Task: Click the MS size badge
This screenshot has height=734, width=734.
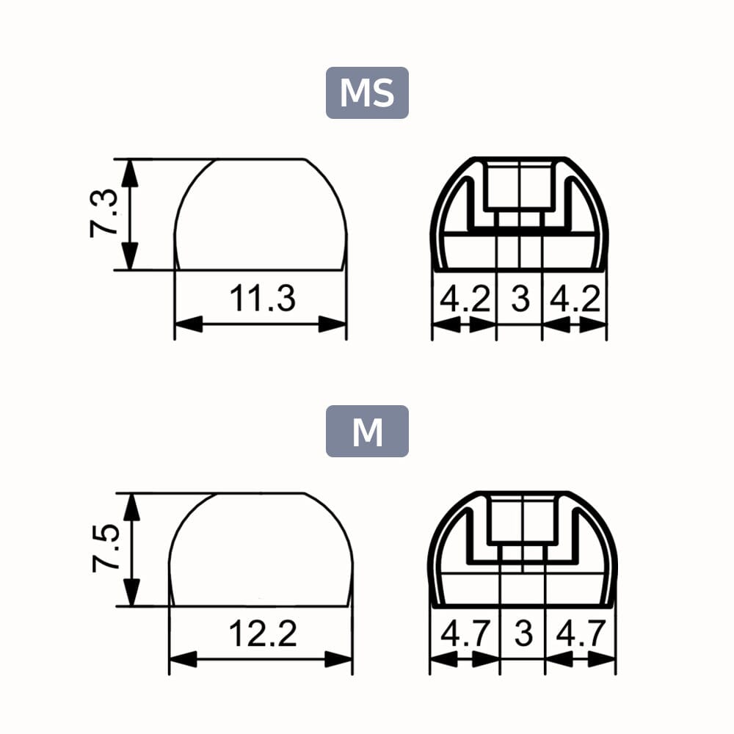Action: coord(367,93)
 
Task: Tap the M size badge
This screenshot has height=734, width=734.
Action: coord(367,432)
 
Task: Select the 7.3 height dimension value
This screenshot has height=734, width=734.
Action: coord(103,213)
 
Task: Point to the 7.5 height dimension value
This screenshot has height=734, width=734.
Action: coord(105,548)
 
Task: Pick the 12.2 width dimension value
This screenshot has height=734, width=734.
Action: coord(262,633)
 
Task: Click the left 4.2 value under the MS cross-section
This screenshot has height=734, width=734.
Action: coord(464,299)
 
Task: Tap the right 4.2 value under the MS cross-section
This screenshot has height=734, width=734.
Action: coord(575,299)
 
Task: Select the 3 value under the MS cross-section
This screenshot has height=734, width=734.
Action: coord(520,299)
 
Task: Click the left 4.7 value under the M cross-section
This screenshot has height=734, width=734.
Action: coord(464,633)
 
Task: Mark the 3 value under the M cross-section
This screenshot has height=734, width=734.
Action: coord(523,633)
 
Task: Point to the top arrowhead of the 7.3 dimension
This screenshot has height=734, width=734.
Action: coord(129,172)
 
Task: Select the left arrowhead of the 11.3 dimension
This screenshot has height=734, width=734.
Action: coord(188,324)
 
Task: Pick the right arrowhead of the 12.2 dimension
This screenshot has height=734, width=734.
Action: coord(339,659)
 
